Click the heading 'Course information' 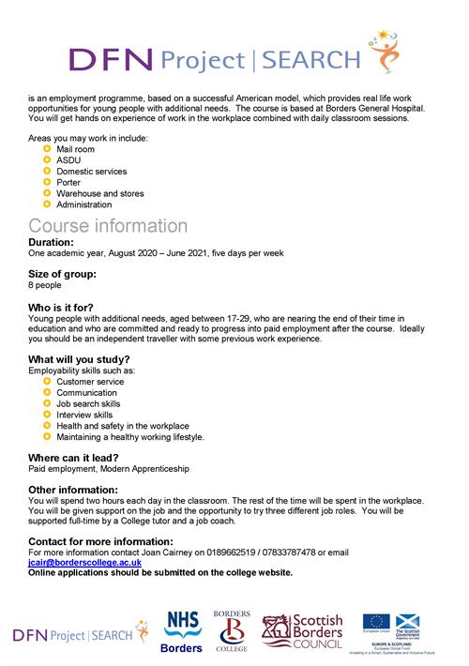pyautogui.click(x=108, y=226)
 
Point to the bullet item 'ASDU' pyautogui.click(x=68, y=160)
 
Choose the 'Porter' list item pyautogui.click(x=70, y=183)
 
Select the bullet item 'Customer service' pyautogui.click(x=89, y=382)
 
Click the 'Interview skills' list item pyautogui.click(x=83, y=415)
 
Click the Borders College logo pyautogui.click(x=232, y=630)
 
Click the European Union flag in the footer pyautogui.click(x=377, y=623)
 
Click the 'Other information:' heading pyautogui.click(x=73, y=490)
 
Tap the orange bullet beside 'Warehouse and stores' pyautogui.click(x=47, y=193)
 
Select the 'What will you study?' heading pyautogui.click(x=79, y=360)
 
